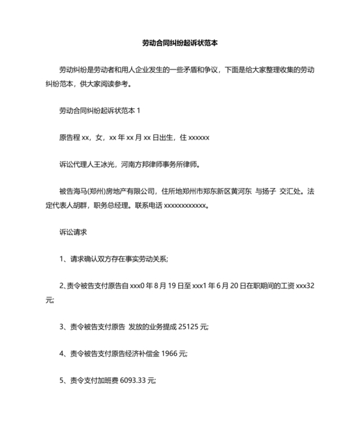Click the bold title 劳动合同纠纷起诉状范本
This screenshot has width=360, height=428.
coord(180,43)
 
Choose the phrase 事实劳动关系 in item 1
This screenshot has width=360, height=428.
coord(145,259)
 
